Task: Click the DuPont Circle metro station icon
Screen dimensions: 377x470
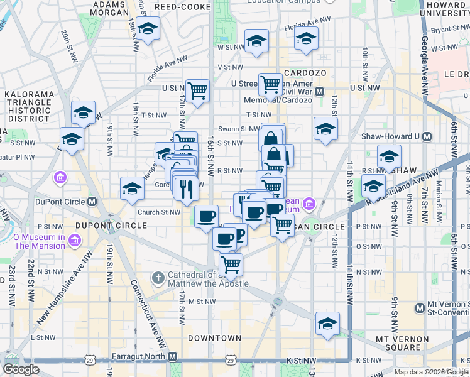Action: [92, 202]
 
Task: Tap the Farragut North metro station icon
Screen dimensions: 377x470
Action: [173, 356]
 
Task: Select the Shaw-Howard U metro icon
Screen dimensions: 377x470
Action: [427, 136]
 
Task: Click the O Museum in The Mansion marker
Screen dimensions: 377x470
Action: [75, 240]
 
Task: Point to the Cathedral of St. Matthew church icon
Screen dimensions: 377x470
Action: [158, 277]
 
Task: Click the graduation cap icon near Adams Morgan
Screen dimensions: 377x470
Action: [148, 29]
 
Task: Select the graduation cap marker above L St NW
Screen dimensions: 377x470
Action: [327, 324]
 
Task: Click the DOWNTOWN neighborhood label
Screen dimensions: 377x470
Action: [214, 338]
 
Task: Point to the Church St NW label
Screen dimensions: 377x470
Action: [158, 212]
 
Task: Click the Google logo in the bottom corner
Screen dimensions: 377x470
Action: [21, 369]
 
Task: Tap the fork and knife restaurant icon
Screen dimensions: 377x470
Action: [186, 188]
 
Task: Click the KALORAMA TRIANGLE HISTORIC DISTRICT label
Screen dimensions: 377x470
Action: [26, 106]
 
